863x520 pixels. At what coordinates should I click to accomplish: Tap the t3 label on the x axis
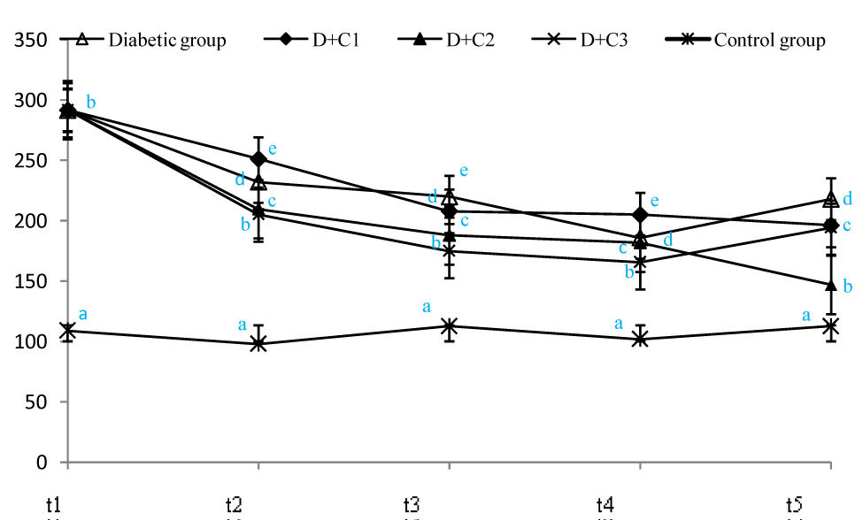[x=412, y=505]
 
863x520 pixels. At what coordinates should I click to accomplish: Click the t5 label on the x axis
[x=794, y=505]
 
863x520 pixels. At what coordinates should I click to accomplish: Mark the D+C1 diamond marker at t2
[x=258, y=159]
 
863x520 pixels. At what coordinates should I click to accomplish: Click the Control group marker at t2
[x=258, y=344]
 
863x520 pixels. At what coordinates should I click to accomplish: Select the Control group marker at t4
[x=640, y=339]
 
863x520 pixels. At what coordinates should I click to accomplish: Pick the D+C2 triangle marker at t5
[x=830, y=285]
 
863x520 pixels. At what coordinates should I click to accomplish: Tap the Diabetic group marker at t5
[x=830, y=199]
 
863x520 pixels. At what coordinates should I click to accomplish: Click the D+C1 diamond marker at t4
[x=640, y=215]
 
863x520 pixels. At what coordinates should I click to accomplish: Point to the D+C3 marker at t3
[x=449, y=251]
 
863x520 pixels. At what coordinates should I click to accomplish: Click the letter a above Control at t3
[x=426, y=306]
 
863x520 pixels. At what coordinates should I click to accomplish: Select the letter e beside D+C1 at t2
[x=273, y=149]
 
